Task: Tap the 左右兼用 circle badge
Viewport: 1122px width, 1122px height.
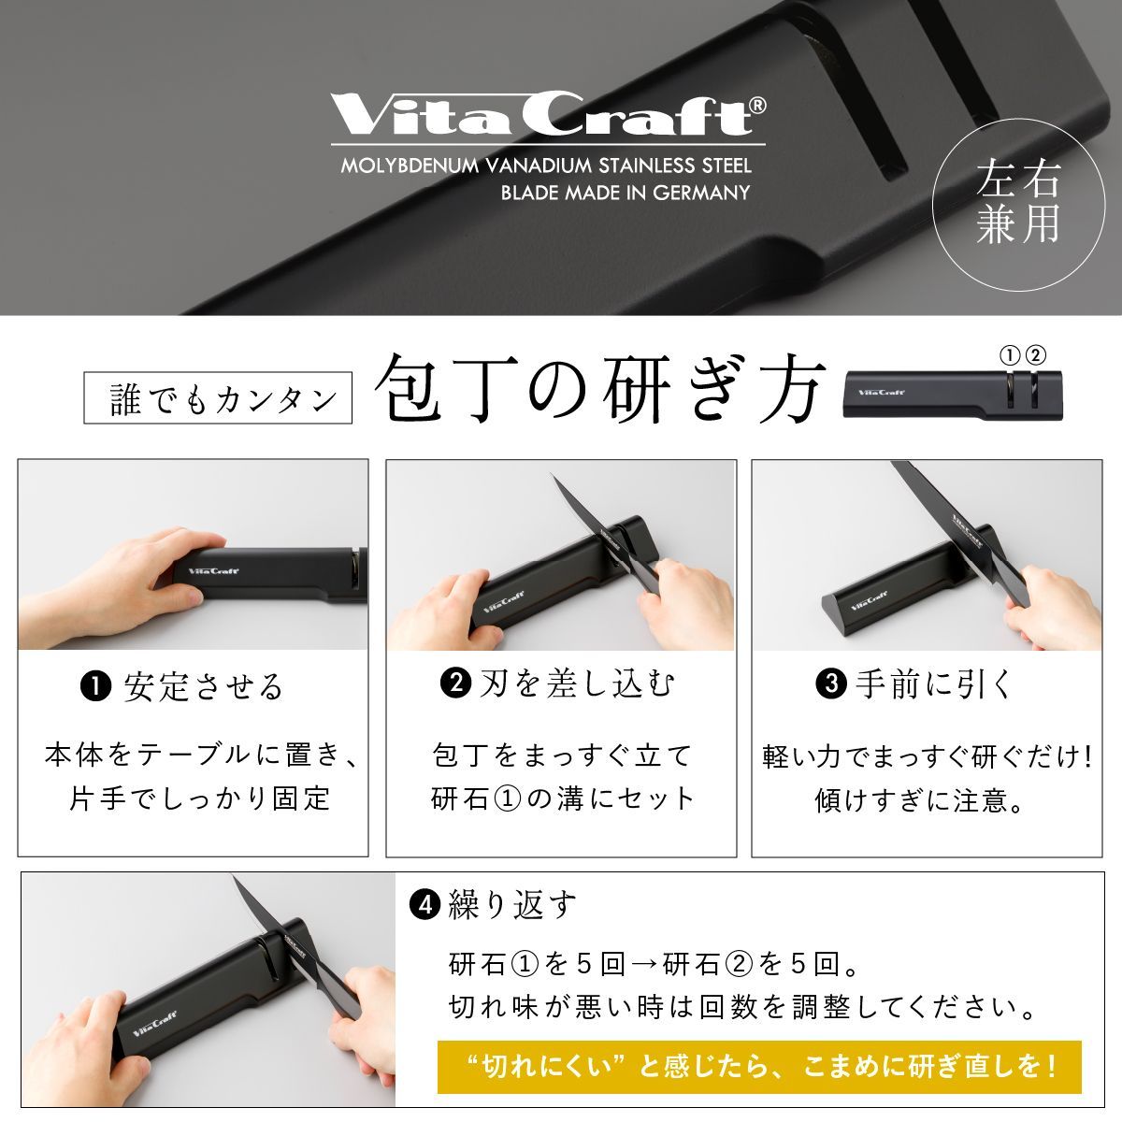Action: coord(1018,205)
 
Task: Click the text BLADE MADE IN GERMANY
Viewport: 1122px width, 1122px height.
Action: coord(626,193)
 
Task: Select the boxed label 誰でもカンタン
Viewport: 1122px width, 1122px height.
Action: coord(218,397)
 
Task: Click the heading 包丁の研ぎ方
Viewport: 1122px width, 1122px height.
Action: coord(598,388)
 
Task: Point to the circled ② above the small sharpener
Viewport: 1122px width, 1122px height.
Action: coord(1036,355)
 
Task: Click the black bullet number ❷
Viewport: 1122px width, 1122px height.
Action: coord(456,683)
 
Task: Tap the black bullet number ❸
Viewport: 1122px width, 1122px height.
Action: coord(831,683)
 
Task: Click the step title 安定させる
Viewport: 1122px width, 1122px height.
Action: coord(203,687)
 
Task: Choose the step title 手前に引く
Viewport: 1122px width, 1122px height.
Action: coord(934,683)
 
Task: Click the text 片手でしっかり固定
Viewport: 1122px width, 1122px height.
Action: coord(200,798)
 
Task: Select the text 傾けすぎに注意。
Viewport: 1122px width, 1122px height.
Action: coord(919,800)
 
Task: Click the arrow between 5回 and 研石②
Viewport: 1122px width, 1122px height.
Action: coord(644,965)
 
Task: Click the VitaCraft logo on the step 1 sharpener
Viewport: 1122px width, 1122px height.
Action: coord(214,570)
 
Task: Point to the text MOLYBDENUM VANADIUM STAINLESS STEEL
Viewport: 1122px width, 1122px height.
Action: coord(546,165)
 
